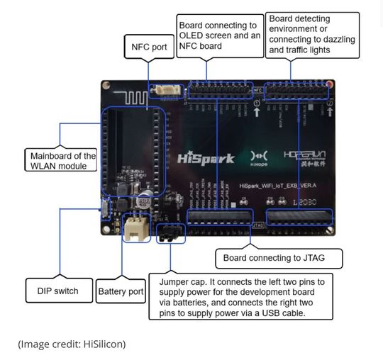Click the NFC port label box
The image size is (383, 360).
click(148, 48)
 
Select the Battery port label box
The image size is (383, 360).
click(121, 291)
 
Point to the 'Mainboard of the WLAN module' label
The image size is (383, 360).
click(60, 161)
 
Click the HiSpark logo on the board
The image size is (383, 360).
click(206, 158)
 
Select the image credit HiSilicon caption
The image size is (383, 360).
click(72, 344)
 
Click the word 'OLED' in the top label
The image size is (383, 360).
click(195, 35)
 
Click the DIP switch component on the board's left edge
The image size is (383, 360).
click(104, 209)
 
